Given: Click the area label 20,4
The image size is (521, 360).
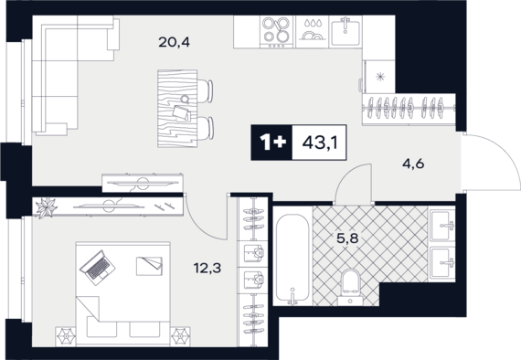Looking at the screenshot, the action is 174,43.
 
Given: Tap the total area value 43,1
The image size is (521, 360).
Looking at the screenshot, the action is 320,143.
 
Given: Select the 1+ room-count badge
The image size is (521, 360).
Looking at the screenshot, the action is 272,143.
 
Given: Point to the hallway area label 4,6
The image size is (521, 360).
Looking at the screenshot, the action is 413,164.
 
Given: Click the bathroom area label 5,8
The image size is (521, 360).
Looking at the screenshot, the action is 347,238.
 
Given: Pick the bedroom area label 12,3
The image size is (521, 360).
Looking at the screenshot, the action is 207,268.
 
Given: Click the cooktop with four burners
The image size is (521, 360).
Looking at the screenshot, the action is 276,32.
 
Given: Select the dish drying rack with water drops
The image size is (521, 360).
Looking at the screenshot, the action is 311,32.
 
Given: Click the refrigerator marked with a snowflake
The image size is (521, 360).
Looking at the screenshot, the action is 379,77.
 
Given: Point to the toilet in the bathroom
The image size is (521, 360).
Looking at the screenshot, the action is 351,287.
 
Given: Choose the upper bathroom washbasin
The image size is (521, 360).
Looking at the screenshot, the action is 442,225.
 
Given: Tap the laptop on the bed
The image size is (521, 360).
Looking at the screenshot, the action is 98,268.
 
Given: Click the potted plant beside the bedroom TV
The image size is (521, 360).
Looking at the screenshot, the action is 47,208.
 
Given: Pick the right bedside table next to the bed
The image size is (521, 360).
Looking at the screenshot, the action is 180,337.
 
